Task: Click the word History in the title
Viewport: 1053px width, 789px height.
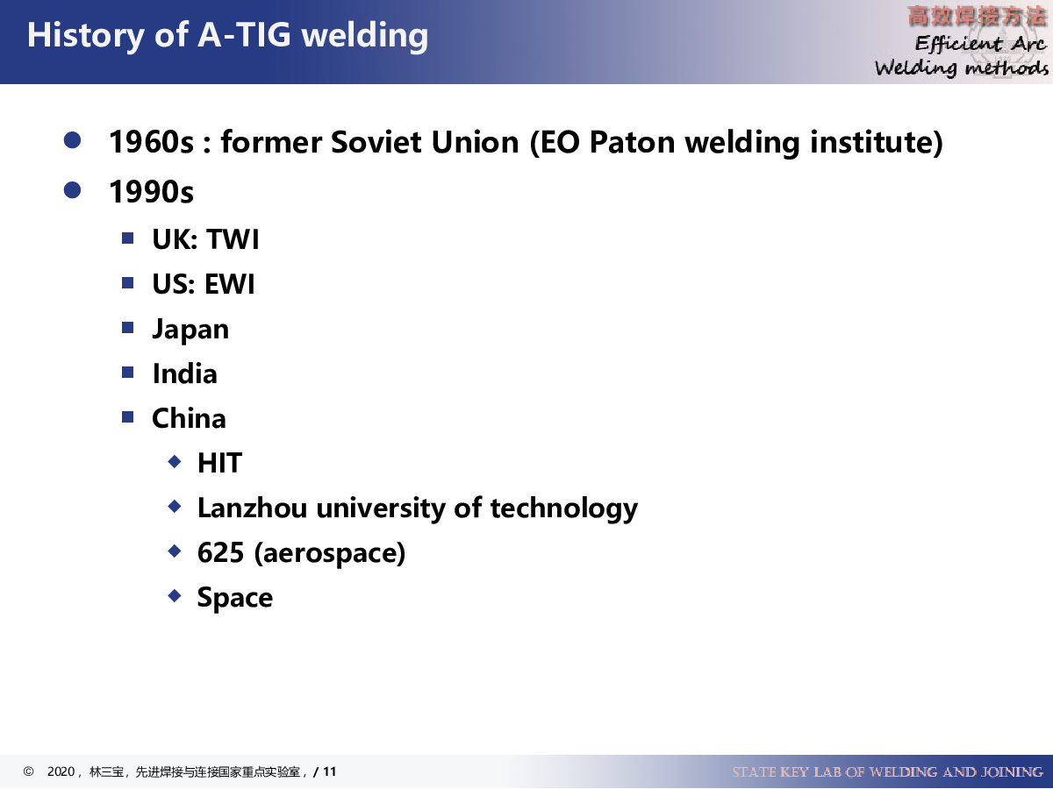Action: pyautogui.click(x=85, y=36)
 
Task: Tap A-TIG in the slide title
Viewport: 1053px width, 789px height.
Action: pyautogui.click(x=244, y=35)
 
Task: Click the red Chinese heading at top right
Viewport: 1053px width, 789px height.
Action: pyautogui.click(x=977, y=17)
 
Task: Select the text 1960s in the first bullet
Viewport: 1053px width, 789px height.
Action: pyautogui.click(x=152, y=142)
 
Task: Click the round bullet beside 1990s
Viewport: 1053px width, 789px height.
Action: pyautogui.click(x=72, y=190)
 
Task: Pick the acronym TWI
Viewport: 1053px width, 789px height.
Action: pyautogui.click(x=233, y=239)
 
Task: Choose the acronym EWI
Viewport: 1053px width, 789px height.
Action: pyautogui.click(x=229, y=283)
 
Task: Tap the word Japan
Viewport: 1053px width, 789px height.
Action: pyautogui.click(x=190, y=330)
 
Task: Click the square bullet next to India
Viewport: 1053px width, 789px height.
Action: pyautogui.click(x=127, y=373)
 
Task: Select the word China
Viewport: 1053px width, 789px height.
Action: pyautogui.click(x=189, y=418)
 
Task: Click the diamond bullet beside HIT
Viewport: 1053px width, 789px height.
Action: pyautogui.click(x=175, y=462)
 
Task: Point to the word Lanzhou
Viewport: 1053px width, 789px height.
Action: pyautogui.click(x=253, y=508)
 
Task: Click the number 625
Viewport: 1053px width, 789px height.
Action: pyautogui.click(x=220, y=552)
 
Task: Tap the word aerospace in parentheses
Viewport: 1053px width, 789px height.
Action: pyautogui.click(x=330, y=553)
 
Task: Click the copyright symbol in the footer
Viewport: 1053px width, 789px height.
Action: pyautogui.click(x=28, y=771)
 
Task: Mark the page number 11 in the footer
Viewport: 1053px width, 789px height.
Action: pyautogui.click(x=330, y=771)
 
